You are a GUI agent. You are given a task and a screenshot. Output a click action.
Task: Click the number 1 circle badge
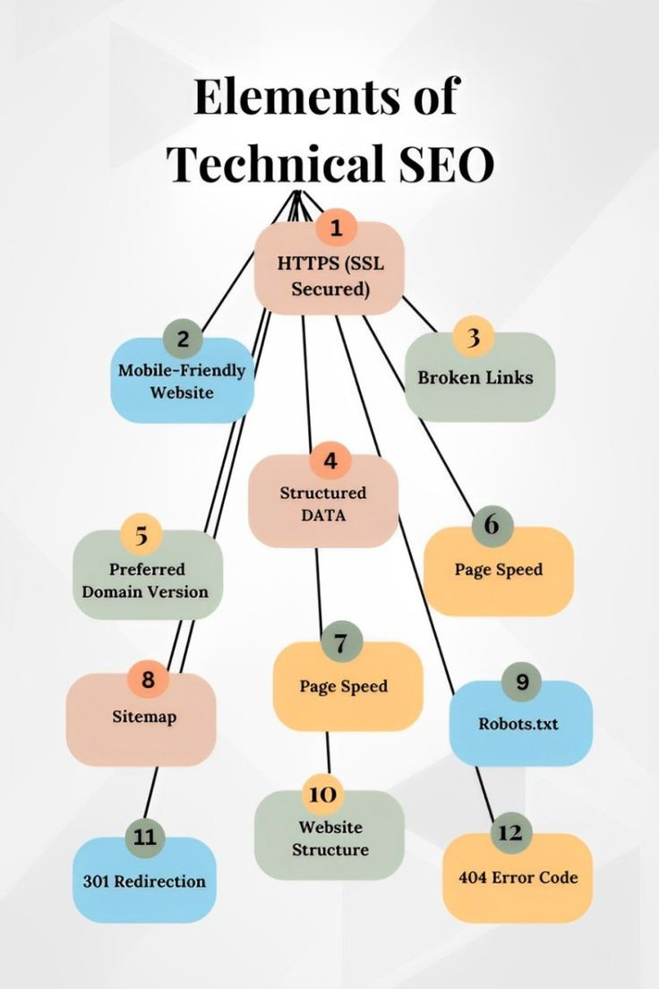tap(336, 228)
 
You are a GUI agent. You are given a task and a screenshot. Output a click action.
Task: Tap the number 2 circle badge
tap(183, 339)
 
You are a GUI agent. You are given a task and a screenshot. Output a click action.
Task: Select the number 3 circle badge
tap(473, 338)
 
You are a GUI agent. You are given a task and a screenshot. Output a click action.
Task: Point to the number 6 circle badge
tap(492, 525)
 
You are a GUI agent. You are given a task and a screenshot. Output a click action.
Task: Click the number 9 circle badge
tap(522, 682)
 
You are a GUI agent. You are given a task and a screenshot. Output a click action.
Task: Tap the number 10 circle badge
tap(322, 794)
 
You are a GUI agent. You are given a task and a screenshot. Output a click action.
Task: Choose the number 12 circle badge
tap(510, 832)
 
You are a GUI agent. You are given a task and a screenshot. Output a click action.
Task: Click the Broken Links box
tap(480, 376)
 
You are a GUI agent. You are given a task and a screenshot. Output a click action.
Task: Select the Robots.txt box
tap(521, 723)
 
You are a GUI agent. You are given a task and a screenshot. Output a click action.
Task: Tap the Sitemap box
tap(141, 719)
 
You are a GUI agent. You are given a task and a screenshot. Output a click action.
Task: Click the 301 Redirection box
tap(144, 880)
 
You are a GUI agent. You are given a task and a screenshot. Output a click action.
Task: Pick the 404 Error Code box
tap(518, 877)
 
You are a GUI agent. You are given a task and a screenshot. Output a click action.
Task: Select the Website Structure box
tap(329, 835)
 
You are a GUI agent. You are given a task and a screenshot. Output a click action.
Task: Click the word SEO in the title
tap(447, 164)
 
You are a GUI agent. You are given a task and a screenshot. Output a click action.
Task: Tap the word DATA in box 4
tap(323, 515)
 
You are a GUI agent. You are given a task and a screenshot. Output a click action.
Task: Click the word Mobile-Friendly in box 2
tap(182, 370)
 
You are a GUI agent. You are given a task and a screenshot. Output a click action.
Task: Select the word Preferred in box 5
tap(147, 569)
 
